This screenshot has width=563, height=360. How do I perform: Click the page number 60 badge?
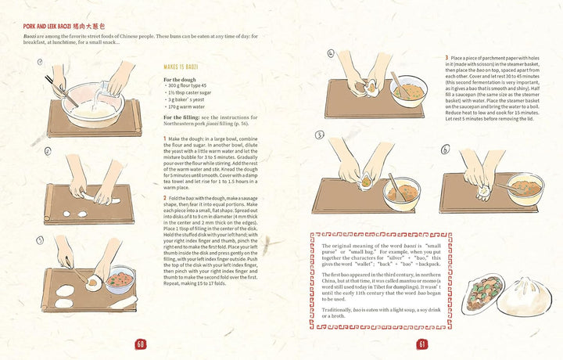click(141, 344)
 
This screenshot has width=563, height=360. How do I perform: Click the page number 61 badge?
click(422, 344)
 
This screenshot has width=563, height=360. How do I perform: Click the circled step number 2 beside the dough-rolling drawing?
click(48, 151)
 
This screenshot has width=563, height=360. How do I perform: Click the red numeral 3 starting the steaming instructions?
click(447, 57)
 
